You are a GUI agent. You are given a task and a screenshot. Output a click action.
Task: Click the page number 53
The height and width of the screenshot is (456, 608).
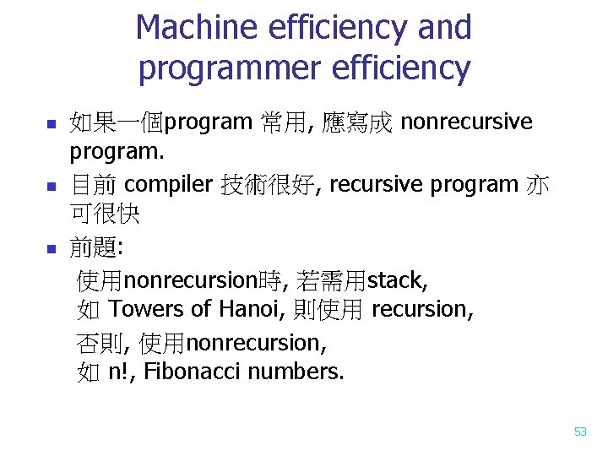point(580,432)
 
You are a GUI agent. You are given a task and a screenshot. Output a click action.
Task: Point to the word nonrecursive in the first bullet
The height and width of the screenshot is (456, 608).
point(466,123)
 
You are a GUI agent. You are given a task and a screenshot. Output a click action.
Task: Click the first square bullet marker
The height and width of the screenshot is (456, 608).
point(51,125)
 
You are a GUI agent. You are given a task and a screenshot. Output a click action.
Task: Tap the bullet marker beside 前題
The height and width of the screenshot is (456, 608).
point(51,249)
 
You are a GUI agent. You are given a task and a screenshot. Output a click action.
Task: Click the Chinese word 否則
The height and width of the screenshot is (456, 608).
point(100,342)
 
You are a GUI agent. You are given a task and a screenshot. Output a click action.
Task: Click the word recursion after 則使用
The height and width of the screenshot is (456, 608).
point(421,310)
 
